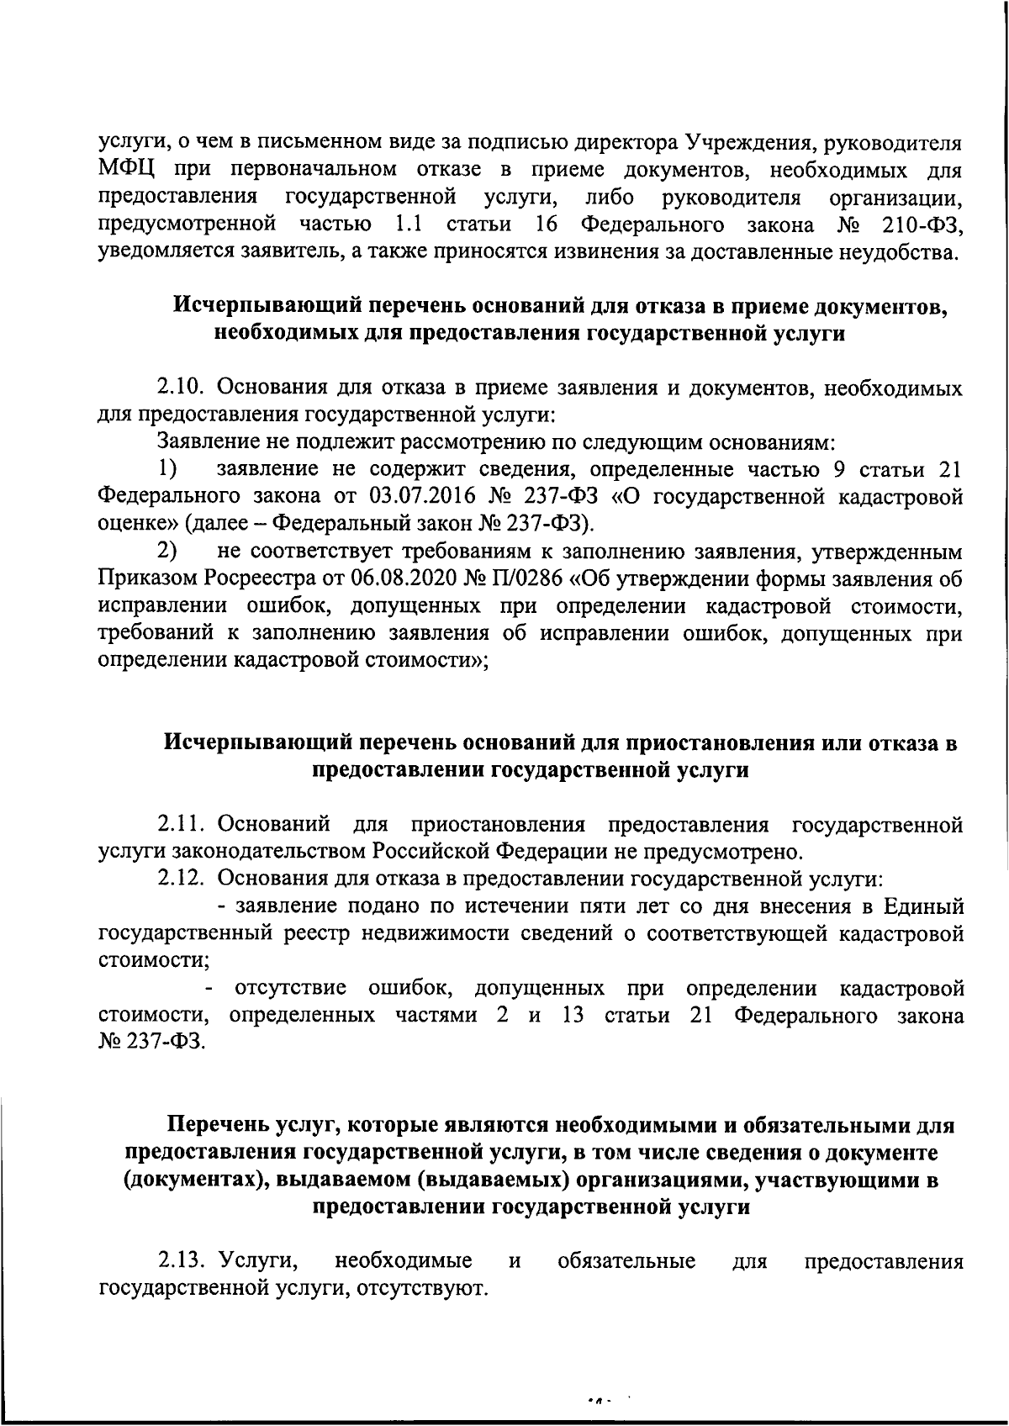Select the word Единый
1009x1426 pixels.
923,906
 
